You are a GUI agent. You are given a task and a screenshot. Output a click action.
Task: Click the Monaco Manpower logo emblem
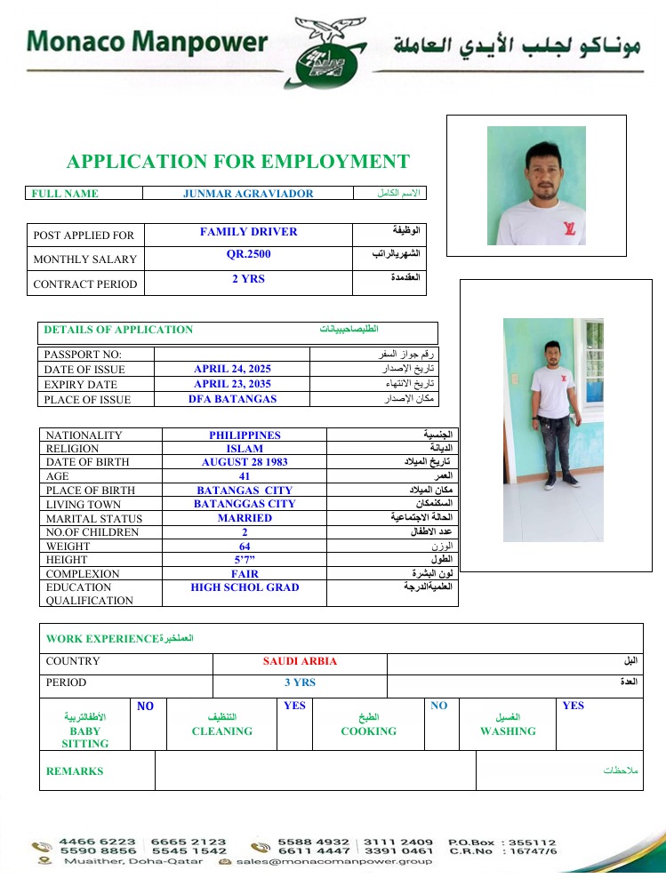331,53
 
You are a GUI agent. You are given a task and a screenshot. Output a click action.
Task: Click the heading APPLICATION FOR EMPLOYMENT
238,162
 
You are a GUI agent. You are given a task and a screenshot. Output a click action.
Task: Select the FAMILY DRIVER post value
248,232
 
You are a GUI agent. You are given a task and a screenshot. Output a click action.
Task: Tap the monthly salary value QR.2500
248,254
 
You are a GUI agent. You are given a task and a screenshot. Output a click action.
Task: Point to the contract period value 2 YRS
248,279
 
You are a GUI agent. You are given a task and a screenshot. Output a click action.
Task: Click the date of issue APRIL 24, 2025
232,369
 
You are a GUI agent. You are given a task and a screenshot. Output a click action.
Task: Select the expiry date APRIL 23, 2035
232,384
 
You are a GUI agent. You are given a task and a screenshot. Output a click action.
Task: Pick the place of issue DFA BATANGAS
232,399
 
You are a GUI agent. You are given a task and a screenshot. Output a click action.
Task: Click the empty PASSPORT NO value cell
232,354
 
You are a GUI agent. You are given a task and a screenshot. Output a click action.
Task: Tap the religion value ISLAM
245,449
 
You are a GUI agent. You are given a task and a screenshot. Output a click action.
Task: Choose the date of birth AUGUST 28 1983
245,462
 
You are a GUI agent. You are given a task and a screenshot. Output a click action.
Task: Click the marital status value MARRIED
245,518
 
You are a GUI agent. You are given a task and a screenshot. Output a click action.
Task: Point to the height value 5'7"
245,560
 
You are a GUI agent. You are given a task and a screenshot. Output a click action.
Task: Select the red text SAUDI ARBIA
300,661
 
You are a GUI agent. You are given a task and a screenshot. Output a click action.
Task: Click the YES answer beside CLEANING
294,706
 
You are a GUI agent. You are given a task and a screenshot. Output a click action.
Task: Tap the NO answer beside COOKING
438,706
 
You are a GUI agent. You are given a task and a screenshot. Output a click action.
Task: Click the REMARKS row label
75,771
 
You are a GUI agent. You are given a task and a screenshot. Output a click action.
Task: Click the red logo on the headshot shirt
569,228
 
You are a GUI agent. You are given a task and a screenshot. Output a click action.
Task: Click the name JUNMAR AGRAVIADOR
248,194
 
